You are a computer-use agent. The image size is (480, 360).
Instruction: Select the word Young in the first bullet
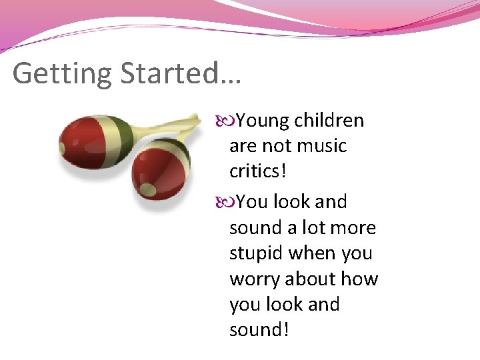click(263, 121)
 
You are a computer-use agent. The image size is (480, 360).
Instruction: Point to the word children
click(329, 121)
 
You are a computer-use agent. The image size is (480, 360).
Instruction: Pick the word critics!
click(258, 171)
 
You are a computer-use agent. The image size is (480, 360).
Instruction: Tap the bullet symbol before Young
click(226, 121)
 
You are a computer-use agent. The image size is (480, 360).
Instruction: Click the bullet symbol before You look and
click(226, 202)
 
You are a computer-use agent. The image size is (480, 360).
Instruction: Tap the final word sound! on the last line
click(259, 330)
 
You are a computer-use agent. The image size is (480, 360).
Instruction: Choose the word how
click(362, 279)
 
